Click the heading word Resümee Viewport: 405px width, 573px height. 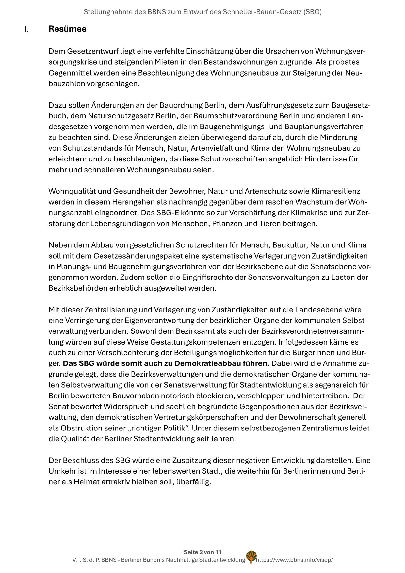coord(67,29)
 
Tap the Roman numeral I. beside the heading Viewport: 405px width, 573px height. coord(26,30)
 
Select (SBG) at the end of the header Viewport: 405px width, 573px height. coord(312,12)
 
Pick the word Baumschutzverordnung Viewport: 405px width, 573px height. coord(235,116)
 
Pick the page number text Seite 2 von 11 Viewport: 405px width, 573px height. coord(202,552)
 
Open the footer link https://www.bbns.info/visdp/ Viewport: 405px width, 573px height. coord(295,560)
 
